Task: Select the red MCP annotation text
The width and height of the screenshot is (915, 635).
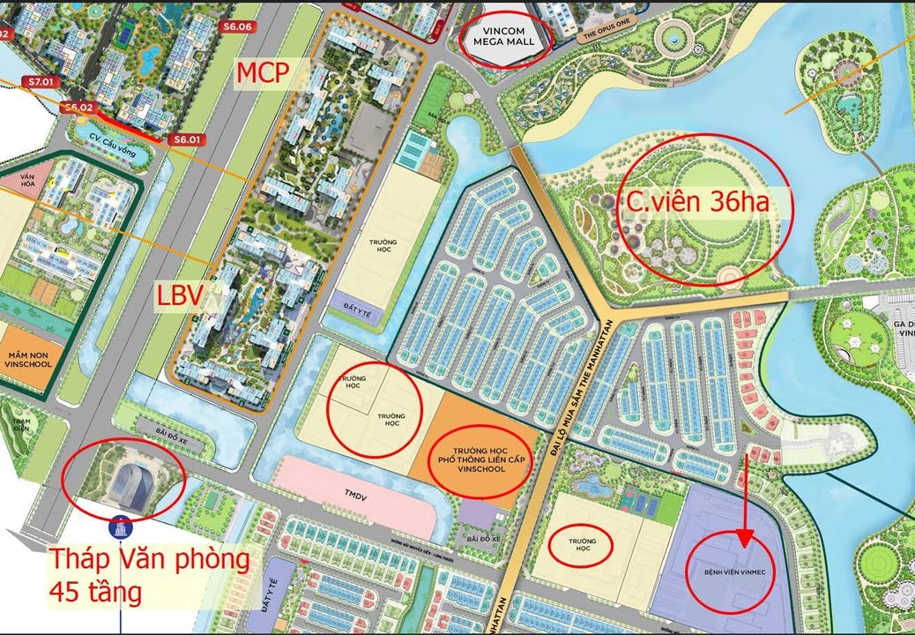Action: point(261,73)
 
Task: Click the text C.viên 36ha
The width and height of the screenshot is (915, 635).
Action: point(697,203)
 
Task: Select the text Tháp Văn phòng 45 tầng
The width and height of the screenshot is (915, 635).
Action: point(148,574)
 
